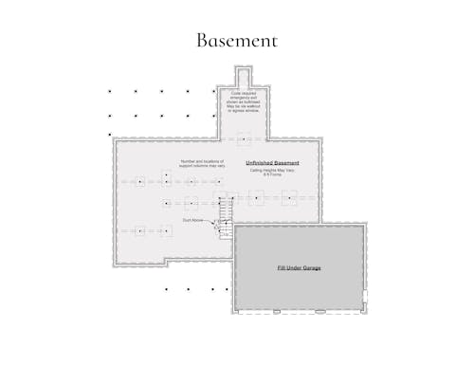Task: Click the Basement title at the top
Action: coord(237,40)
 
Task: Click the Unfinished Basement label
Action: coord(272,163)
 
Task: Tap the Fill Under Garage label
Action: coord(299,268)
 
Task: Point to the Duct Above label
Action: coord(192,220)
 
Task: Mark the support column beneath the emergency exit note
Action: coord(244,139)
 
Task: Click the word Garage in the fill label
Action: coord(311,268)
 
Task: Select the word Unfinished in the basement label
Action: coord(262,163)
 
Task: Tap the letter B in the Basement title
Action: coord(203,40)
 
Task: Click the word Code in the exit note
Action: coord(235,94)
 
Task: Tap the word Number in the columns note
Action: coord(186,161)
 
